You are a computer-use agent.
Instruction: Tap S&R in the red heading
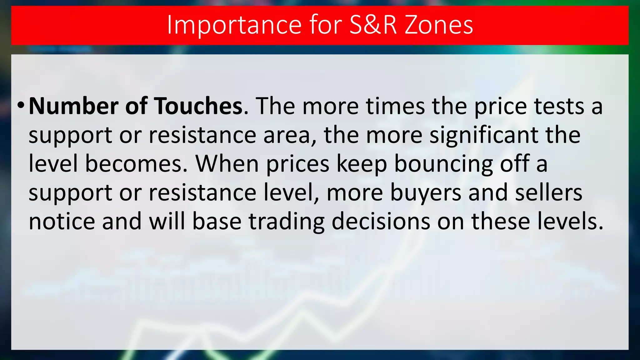tap(373, 25)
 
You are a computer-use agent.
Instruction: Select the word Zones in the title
tap(439, 25)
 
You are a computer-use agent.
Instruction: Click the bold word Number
tap(73, 106)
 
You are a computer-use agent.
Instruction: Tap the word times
tap(395, 106)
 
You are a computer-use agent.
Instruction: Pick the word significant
tap(483, 135)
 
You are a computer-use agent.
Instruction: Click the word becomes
tap(136, 164)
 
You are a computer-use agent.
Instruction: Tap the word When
tap(227, 164)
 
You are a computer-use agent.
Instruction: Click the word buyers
tap(425, 192)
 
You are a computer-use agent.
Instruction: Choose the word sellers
tap(548, 192)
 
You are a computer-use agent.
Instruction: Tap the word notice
tap(62, 221)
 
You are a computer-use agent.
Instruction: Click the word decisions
tap(381, 221)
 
